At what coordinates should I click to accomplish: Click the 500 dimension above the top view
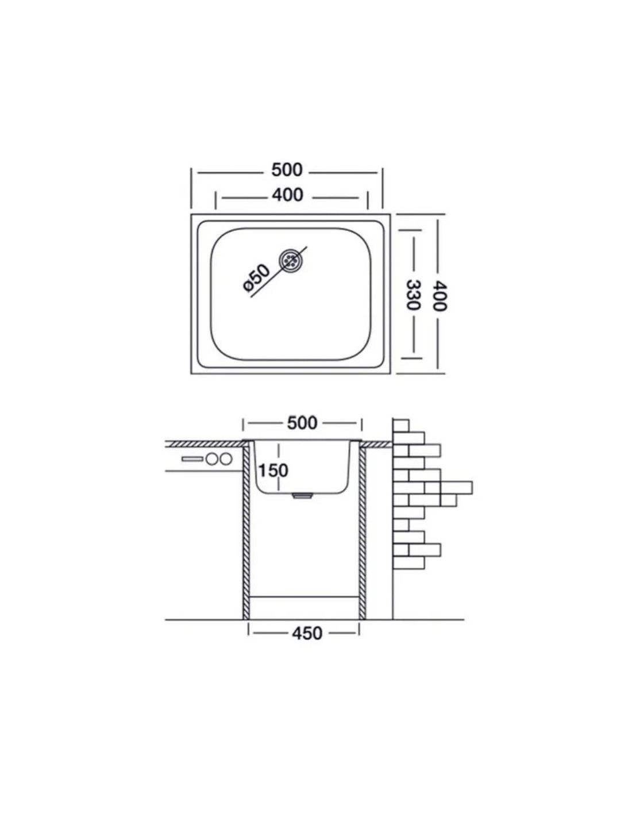tap(287, 170)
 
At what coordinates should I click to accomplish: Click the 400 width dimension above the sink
tap(287, 195)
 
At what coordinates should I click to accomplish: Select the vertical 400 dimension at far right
tap(438, 296)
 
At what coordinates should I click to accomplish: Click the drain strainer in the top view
tap(290, 260)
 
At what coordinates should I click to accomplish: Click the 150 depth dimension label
tap(273, 471)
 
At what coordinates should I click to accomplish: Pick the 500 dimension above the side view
tap(302, 423)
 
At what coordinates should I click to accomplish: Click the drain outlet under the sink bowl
tap(302, 496)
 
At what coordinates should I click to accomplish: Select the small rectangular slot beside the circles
tap(192, 459)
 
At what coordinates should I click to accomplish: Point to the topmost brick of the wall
tap(400, 425)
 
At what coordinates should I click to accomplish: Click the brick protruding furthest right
tap(456, 488)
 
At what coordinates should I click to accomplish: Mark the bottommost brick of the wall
tap(409, 573)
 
